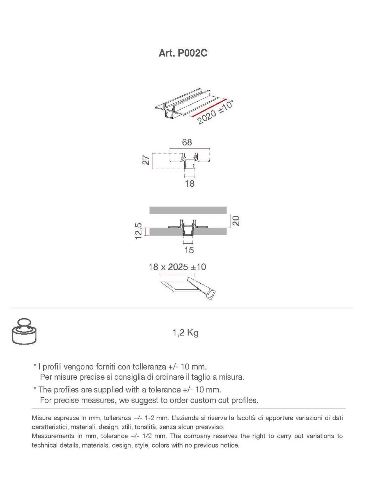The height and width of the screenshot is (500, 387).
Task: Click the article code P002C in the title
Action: pyautogui.click(x=192, y=53)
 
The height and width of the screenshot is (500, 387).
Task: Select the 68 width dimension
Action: pyautogui.click(x=187, y=142)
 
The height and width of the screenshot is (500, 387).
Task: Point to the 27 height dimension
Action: pyautogui.click(x=146, y=160)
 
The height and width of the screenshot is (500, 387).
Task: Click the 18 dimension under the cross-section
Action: pyautogui.click(x=190, y=183)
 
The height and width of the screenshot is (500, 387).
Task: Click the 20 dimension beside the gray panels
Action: pyautogui.click(x=236, y=221)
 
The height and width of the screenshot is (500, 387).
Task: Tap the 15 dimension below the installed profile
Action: pyautogui.click(x=189, y=250)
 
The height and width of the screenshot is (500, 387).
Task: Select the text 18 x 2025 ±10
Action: pyautogui.click(x=177, y=267)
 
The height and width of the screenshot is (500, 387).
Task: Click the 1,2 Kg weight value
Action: pyautogui.click(x=185, y=333)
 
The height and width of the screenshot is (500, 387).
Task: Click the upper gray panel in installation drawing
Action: pyautogui.click(x=188, y=210)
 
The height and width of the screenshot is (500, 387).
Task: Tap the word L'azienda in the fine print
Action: pyautogui.click(x=185, y=418)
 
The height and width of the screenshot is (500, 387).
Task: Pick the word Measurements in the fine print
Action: pyautogui.click(x=51, y=436)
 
